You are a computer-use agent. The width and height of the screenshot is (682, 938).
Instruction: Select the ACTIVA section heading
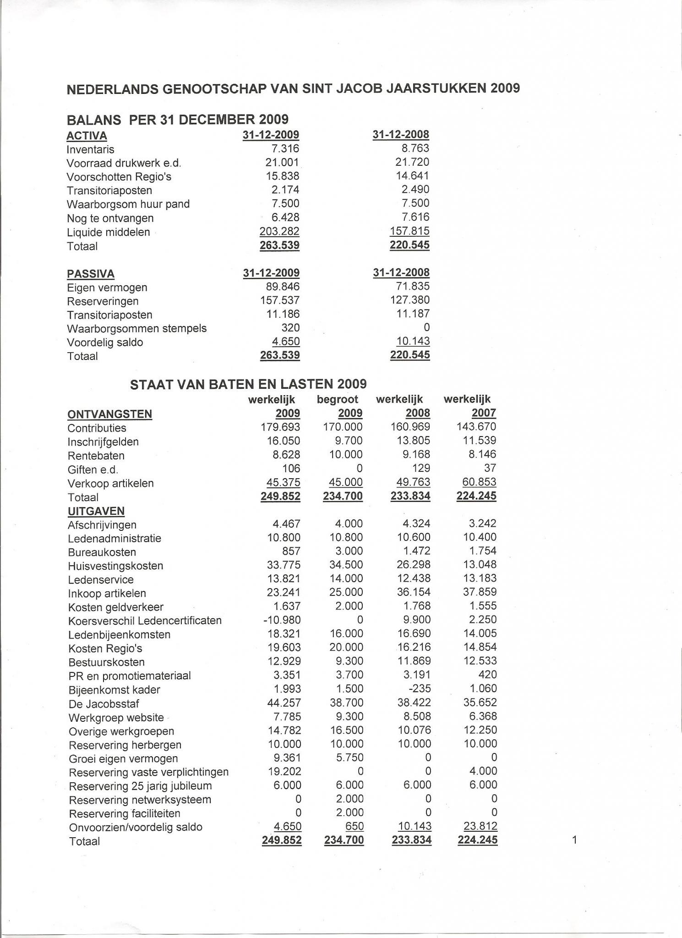87,136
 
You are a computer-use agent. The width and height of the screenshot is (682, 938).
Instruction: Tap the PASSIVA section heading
91,274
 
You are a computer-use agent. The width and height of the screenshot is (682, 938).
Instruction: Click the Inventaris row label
90,150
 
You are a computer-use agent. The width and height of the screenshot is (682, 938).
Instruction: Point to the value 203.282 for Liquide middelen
279,231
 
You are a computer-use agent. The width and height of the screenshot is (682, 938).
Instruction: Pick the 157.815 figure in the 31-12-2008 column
409,231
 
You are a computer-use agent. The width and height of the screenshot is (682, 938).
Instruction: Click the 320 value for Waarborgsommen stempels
291,328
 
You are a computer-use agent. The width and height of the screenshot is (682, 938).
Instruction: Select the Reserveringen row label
103,301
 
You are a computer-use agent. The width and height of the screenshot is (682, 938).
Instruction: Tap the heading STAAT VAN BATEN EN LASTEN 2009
248,384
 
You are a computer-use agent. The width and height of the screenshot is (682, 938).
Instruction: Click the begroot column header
337,399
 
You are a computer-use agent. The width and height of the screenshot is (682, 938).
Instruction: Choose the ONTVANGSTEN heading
109,414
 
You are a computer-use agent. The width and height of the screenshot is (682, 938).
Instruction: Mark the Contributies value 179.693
280,427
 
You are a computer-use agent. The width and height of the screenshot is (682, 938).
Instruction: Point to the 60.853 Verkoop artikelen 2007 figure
476,482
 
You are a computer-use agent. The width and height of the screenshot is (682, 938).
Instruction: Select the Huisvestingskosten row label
115,566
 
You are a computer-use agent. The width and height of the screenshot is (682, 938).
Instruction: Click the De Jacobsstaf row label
104,704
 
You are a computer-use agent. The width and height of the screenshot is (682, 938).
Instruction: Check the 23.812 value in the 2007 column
477,826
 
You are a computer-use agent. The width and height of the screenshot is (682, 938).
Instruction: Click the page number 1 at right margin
575,840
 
